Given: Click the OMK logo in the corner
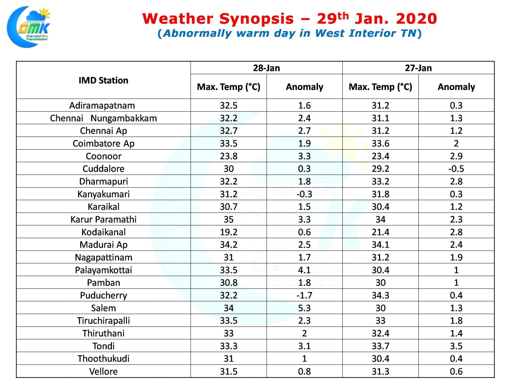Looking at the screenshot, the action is click(29, 27).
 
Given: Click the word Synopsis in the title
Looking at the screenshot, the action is click(256, 19).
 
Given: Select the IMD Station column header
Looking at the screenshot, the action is click(103, 80).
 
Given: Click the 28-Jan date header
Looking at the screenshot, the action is click(266, 68).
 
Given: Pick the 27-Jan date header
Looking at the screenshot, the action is click(418, 68).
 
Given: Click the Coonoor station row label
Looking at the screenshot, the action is click(103, 156).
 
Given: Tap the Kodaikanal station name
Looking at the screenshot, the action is click(103, 232).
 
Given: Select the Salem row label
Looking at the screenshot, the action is click(103, 308).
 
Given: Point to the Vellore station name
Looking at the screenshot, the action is click(103, 371).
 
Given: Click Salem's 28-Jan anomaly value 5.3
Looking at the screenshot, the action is click(304, 308).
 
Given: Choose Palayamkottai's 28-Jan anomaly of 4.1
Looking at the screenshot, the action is click(304, 270).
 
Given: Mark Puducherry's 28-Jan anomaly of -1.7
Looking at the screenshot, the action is click(304, 296).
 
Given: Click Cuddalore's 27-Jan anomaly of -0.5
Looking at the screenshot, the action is click(456, 169).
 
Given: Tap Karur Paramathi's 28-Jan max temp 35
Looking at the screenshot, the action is click(229, 219).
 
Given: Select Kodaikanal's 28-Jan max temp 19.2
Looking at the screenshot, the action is click(229, 232).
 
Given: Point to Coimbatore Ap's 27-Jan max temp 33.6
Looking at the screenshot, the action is click(381, 143).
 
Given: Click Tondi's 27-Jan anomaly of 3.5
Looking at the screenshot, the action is click(456, 346).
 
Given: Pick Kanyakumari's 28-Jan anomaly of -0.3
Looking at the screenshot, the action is click(304, 194).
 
